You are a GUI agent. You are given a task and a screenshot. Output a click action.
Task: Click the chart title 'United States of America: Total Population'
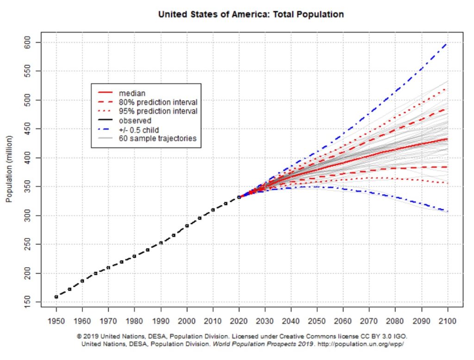click(x=251, y=14)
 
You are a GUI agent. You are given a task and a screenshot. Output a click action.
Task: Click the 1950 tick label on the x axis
click(x=56, y=321)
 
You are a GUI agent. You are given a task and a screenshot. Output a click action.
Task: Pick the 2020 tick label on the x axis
click(x=239, y=321)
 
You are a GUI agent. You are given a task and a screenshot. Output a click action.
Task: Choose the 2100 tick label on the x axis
click(x=448, y=321)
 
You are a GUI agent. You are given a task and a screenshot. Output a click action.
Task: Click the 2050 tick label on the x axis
click(x=317, y=321)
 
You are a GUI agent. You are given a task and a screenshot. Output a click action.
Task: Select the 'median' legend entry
click(x=132, y=93)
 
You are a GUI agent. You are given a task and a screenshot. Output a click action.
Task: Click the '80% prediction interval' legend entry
click(x=158, y=102)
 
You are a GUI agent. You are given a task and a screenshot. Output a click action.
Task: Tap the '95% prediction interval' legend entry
click(x=158, y=111)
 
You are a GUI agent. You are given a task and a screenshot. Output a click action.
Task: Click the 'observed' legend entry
click(x=135, y=120)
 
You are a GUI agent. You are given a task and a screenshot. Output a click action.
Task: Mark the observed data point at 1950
click(x=56, y=297)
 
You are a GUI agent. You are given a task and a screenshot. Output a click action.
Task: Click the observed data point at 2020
click(x=239, y=197)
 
